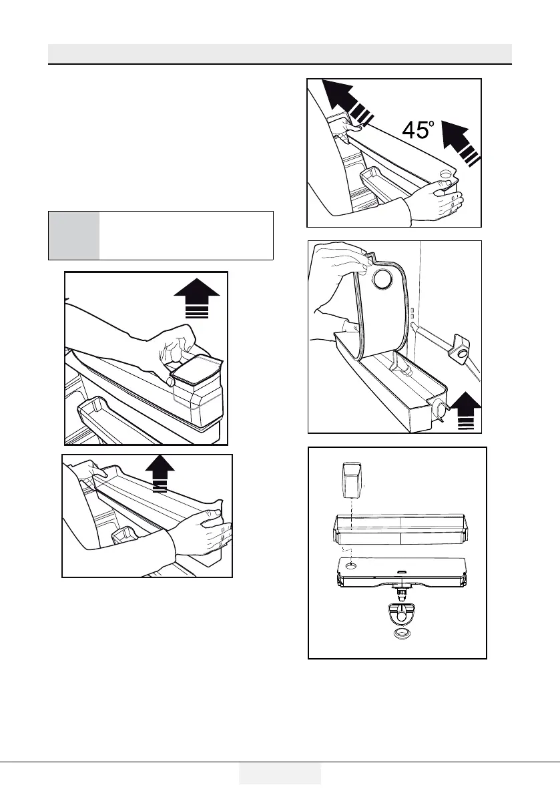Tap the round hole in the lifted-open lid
[383, 280]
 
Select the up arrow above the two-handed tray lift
[159, 475]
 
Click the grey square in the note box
[74, 235]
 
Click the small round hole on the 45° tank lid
[443, 171]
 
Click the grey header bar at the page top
[280, 53]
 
